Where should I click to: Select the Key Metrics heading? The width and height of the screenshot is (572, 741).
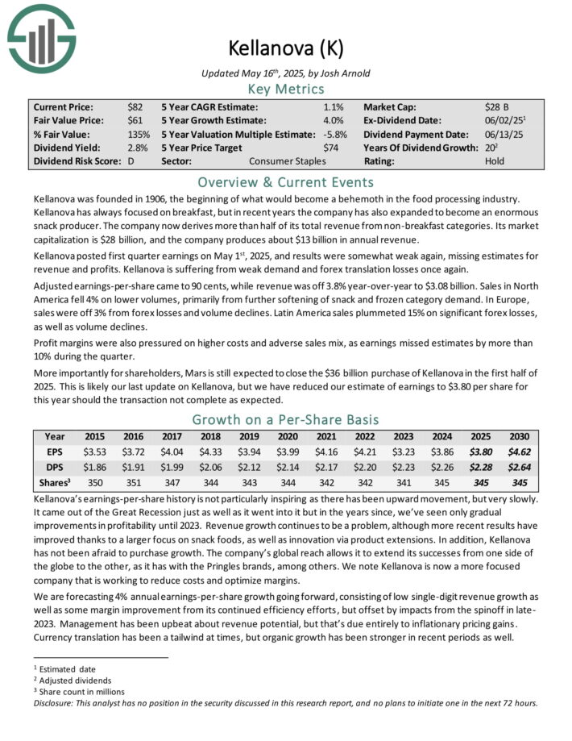285,89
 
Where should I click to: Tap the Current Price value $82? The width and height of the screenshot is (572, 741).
136,106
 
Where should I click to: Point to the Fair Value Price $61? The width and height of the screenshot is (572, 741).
136,120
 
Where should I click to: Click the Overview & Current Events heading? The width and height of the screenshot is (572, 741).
285,181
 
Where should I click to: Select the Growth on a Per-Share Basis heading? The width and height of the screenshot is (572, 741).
285,419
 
